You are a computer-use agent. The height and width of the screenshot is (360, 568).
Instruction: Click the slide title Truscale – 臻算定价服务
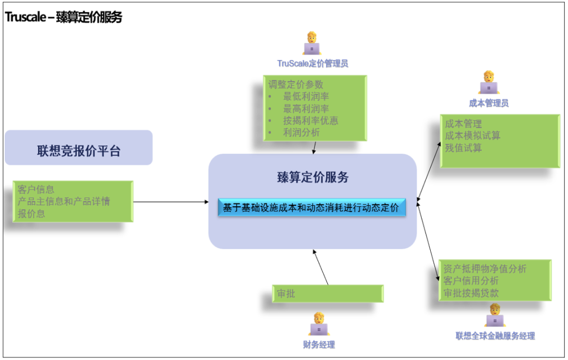64,17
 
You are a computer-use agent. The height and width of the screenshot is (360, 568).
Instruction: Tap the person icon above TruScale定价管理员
312,44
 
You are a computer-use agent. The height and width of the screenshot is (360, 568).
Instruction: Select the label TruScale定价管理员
312,64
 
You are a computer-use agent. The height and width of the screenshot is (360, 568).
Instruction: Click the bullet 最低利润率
306,96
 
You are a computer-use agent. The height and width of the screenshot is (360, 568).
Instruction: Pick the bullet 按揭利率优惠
310,121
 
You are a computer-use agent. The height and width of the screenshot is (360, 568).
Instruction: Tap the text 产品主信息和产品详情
64,202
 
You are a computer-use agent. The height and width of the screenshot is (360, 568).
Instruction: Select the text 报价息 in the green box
32,214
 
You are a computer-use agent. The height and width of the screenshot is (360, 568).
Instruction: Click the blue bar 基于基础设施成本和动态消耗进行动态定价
312,208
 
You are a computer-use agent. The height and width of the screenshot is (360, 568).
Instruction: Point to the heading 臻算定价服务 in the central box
312,177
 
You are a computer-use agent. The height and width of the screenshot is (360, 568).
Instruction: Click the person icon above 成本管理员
489,82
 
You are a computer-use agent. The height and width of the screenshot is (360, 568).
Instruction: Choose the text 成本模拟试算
472,136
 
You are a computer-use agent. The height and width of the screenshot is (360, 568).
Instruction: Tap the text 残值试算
463,148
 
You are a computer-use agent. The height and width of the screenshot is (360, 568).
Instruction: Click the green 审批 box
328,294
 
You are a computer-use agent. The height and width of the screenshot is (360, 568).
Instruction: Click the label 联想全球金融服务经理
495,336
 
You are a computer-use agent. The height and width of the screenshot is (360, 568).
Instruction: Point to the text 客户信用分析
471,281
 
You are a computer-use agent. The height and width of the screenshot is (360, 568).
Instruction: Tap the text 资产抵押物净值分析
484,269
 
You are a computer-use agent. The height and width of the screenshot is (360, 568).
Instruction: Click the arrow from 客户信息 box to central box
171,202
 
